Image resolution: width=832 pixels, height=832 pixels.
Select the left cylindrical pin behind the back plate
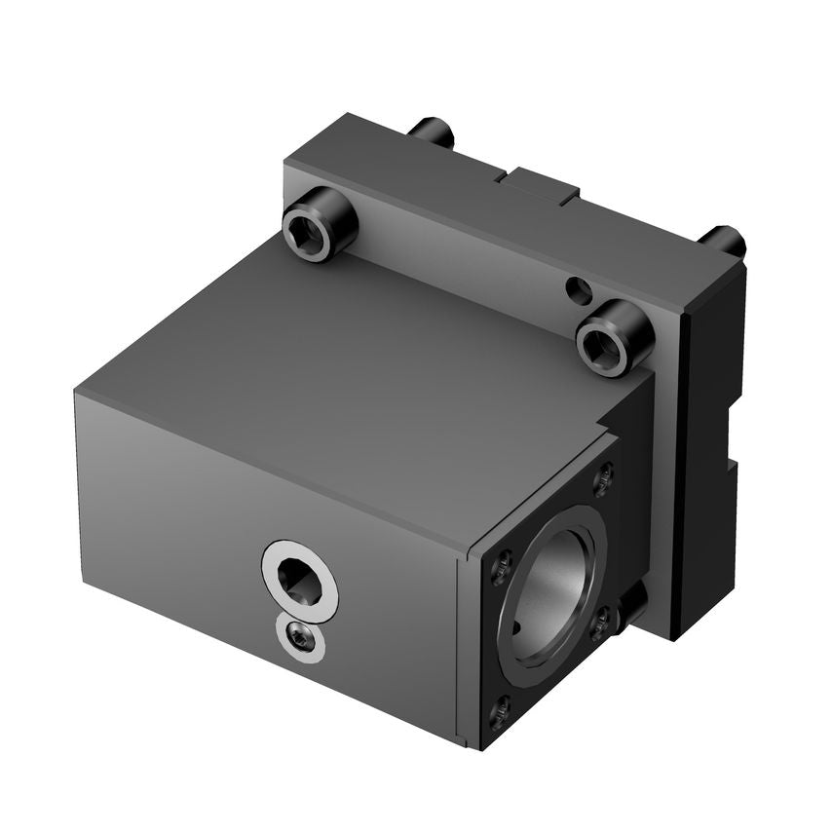click(432, 132)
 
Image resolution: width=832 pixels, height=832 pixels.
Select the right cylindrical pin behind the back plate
click(724, 240)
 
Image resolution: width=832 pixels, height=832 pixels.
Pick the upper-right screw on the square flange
click(604, 477)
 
